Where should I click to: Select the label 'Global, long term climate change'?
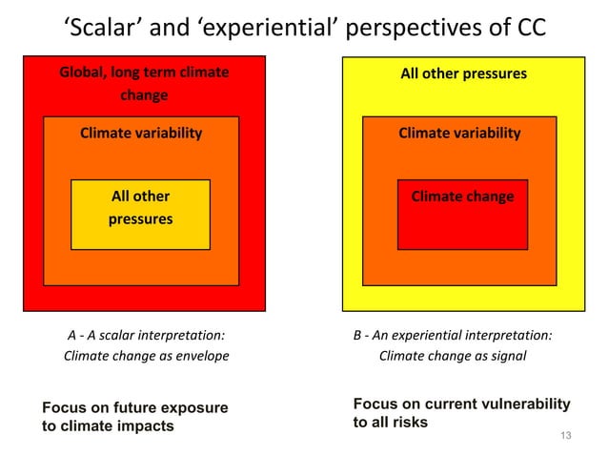(144, 84)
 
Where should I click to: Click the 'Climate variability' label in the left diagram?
(141, 133)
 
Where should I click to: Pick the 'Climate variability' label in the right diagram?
(459, 133)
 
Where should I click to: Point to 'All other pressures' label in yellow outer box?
(463, 73)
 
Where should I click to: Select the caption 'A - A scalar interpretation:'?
(146, 335)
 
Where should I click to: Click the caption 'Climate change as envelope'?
(146, 356)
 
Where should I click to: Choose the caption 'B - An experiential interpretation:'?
(453, 335)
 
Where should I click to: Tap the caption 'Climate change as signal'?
(453, 356)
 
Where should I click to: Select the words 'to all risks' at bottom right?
(391, 422)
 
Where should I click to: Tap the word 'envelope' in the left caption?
(204, 356)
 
